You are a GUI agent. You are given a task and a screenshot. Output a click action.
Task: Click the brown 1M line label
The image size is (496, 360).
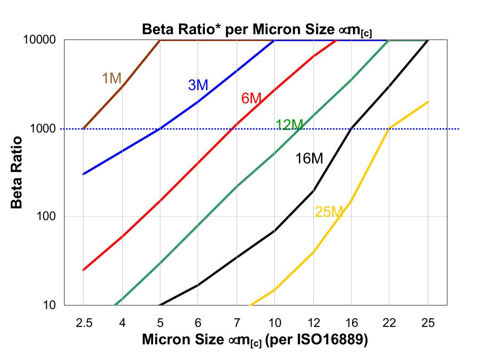(x=111, y=79)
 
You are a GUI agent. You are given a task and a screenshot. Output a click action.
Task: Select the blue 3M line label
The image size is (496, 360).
(x=198, y=85)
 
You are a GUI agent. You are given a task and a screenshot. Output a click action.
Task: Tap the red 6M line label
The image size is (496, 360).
(x=251, y=98)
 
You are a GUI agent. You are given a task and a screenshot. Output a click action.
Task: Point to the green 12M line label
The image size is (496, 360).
(x=289, y=125)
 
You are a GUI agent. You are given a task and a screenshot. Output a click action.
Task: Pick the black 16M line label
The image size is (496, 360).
(x=309, y=159)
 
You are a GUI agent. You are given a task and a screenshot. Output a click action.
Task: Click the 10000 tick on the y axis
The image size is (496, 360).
(x=42, y=40)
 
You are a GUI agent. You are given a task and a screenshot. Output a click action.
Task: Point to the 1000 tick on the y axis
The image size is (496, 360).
(x=45, y=129)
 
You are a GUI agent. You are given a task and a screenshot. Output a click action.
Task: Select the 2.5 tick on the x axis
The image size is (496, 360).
(x=84, y=323)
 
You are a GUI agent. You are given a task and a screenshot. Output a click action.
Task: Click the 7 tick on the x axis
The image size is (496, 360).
(x=236, y=323)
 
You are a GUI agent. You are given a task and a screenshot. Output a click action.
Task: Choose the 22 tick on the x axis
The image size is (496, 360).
(x=389, y=323)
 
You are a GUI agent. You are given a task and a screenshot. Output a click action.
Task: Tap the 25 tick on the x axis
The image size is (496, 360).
(x=428, y=323)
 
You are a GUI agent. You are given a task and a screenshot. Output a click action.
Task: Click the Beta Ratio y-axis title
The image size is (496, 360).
(x=17, y=172)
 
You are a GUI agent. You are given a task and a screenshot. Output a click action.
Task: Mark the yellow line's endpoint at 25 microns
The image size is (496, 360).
(x=428, y=102)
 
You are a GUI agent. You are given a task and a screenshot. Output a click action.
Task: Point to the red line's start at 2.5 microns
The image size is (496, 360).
(x=84, y=270)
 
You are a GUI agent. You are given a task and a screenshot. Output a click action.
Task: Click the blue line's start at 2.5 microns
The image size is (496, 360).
(x=84, y=174)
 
